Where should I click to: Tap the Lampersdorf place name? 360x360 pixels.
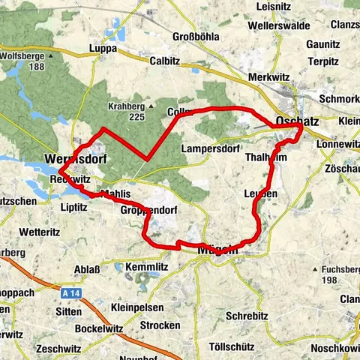click(210, 148)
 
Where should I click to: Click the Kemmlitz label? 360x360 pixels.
click(144, 267)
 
